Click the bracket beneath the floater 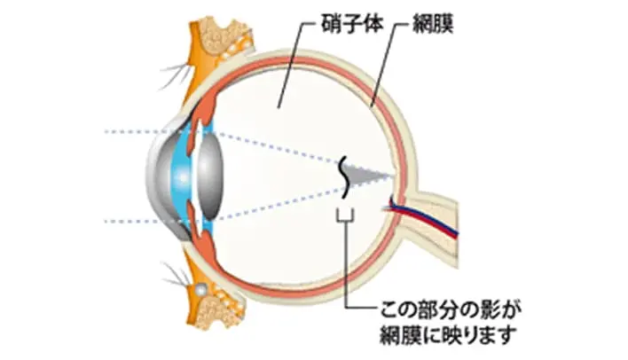[345, 216]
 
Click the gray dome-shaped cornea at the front [160, 177]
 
